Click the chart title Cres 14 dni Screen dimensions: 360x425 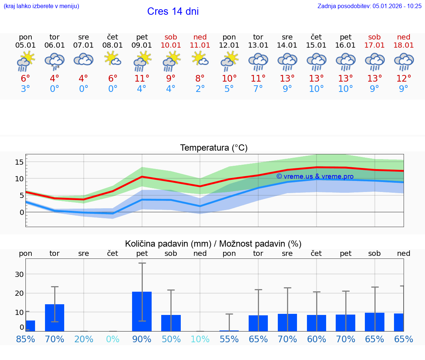(173, 11)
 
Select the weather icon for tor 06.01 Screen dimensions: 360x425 (55, 61)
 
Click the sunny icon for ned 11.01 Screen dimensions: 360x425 (200, 59)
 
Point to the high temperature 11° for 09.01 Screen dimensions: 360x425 (142, 79)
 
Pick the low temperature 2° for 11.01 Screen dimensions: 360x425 (200, 89)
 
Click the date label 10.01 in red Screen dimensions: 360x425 (171, 45)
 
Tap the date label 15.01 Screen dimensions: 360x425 (316, 45)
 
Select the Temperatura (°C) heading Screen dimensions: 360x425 (214, 148)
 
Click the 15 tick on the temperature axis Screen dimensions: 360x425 (20, 162)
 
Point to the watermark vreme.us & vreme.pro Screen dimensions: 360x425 (315, 176)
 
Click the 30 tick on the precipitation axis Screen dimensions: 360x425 (20, 274)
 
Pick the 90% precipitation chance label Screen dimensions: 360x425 (142, 339)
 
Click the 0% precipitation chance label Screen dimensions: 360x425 (113, 339)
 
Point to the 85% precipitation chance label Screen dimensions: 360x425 (25, 339)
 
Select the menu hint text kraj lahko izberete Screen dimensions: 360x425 (41, 6)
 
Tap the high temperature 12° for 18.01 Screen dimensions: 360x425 (404, 79)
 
